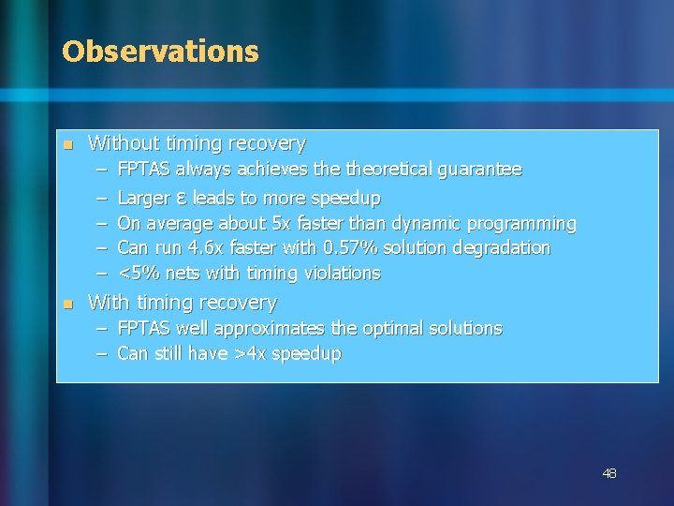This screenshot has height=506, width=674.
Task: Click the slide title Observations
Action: [160, 52]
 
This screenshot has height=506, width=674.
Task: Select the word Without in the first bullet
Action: [121, 143]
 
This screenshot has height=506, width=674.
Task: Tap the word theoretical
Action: [385, 170]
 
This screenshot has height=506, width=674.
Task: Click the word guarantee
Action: [476, 170]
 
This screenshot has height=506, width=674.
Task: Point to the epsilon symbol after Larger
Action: [182, 199]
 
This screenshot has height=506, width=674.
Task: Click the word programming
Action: [524, 224]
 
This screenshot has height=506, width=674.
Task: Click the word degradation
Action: [505, 248]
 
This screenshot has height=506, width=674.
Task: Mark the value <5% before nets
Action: [139, 274]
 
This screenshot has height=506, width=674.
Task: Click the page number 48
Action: [608, 474]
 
